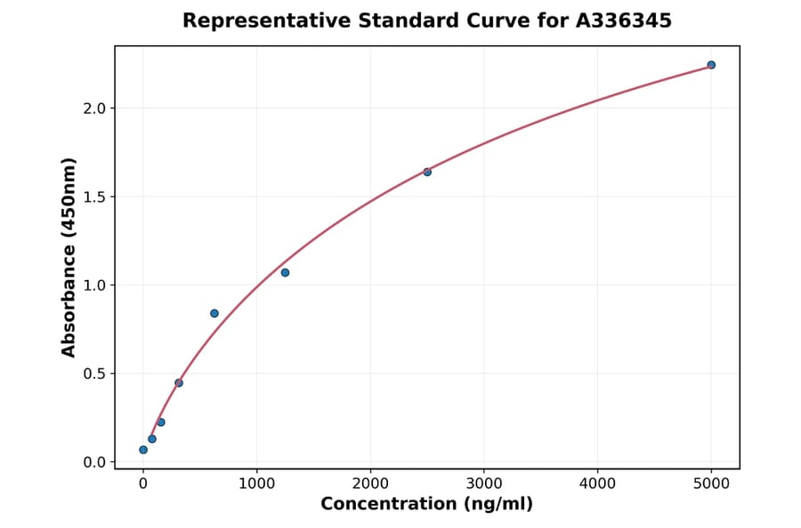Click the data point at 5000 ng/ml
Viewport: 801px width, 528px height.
tap(711, 65)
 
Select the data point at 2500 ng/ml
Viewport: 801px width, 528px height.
tap(427, 172)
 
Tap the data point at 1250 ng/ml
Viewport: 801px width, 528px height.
tap(285, 272)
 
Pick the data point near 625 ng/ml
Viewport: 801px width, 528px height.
tap(214, 313)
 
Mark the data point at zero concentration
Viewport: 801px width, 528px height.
tap(143, 450)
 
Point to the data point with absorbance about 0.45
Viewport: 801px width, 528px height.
tap(179, 383)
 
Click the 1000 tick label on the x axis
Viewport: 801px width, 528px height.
tap(256, 484)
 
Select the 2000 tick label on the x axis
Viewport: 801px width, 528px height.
tap(370, 484)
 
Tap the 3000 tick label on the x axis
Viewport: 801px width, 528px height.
tap(484, 484)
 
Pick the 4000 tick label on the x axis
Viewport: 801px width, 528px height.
tap(597, 484)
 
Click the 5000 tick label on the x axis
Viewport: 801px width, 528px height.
tap(711, 484)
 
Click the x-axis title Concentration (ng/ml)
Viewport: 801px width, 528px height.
tap(427, 505)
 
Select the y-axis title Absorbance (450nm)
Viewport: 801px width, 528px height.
tap(69, 257)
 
